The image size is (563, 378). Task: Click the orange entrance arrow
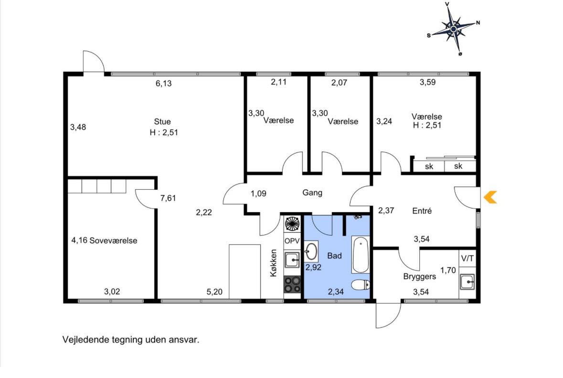(x=490, y=197)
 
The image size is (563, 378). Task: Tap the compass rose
(x=454, y=28)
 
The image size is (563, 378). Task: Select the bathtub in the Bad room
(x=360, y=254)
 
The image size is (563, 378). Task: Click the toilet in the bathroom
(x=361, y=285)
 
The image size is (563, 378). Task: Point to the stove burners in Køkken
(x=292, y=284)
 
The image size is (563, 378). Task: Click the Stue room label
(x=162, y=121)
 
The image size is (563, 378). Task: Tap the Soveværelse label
(x=113, y=240)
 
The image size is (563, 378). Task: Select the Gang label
(x=312, y=193)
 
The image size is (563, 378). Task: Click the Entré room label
(x=422, y=211)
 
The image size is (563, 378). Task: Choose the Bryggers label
(x=419, y=277)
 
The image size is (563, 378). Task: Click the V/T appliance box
(x=467, y=258)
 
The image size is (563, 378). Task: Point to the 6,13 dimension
(x=163, y=83)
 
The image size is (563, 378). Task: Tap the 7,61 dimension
(x=168, y=198)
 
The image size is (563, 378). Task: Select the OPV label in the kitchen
(x=292, y=241)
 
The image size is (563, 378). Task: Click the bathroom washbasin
(x=311, y=251)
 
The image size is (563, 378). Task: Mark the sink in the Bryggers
(x=467, y=281)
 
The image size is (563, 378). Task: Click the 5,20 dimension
(x=214, y=292)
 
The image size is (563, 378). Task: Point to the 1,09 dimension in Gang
(x=258, y=194)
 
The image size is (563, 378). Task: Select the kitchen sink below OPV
(x=292, y=260)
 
